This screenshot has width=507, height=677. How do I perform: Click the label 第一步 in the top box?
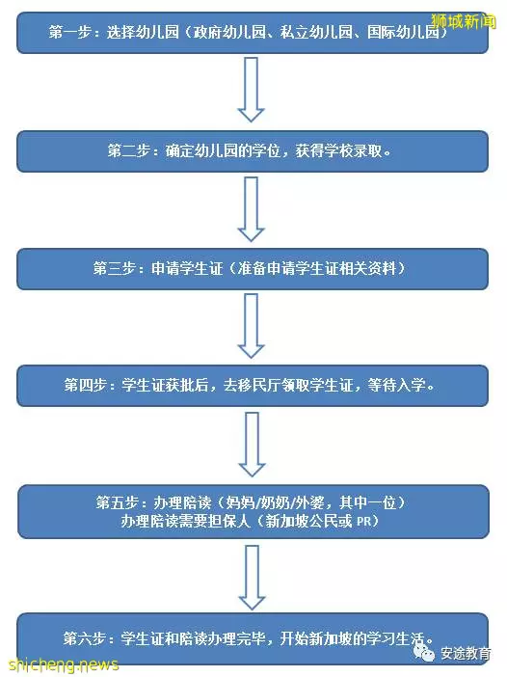click(70, 33)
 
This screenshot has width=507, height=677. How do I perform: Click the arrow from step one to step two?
click(252, 90)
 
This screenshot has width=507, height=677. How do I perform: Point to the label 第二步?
click(128, 151)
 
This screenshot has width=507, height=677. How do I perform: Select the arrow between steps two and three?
click(252, 208)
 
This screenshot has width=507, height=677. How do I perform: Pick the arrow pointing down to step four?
click(252, 326)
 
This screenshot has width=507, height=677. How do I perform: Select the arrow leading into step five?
click(252, 445)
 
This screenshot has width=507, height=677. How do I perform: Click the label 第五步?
click(118, 502)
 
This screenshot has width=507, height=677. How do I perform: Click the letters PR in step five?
click(363, 522)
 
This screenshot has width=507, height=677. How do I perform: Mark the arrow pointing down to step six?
click(252, 578)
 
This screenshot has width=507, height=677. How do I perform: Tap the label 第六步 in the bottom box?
click(85, 638)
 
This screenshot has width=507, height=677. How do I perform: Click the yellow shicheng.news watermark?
click(64, 664)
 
